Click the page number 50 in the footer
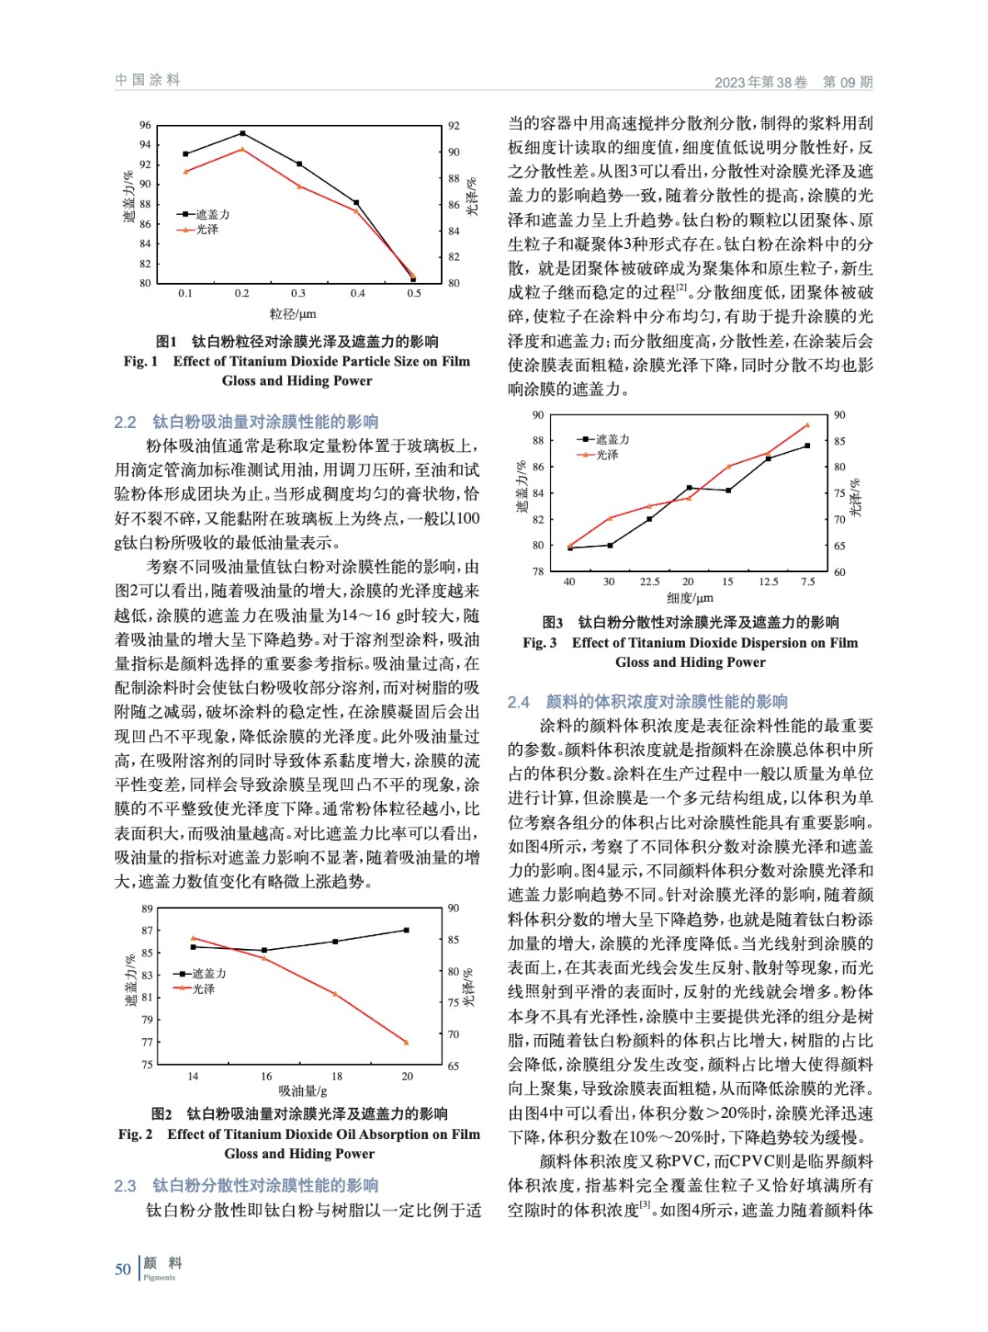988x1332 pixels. click(x=122, y=1269)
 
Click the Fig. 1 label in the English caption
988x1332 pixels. click(x=141, y=361)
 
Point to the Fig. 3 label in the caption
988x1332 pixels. click(x=539, y=643)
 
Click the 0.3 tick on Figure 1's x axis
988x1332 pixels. click(x=298, y=293)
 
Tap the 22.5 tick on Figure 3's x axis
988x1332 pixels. click(x=649, y=582)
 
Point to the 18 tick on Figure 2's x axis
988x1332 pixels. click(x=336, y=1076)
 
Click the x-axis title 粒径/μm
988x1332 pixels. click(x=293, y=314)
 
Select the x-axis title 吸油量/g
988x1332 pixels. click(x=302, y=1091)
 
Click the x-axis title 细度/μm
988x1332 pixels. click(x=690, y=598)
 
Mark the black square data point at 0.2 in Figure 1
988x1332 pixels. click(x=242, y=133)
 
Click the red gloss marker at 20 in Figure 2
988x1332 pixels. click(x=406, y=1042)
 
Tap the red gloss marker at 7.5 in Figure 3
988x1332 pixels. click(x=807, y=425)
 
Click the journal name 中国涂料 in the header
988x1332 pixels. click(x=147, y=80)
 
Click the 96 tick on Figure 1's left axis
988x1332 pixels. click(x=146, y=126)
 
